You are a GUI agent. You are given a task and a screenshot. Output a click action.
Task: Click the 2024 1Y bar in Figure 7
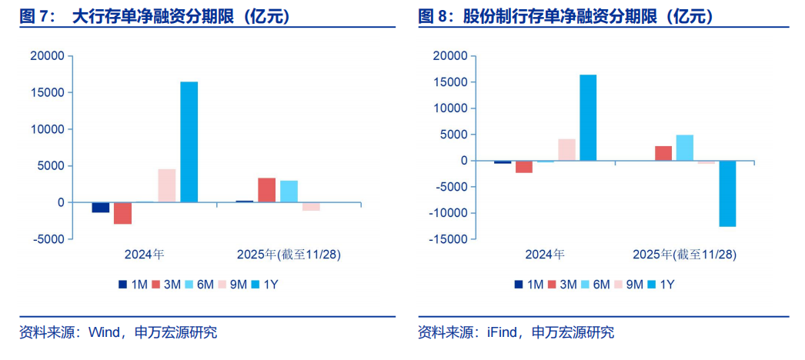coord(189,142)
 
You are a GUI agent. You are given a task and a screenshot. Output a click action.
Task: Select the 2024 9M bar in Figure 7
coord(167,185)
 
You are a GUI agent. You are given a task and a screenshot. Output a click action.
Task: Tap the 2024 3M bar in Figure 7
coord(122,213)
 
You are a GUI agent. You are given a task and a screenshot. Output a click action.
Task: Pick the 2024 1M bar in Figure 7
coord(100,208)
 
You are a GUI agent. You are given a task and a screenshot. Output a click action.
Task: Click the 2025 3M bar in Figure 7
coord(266,190)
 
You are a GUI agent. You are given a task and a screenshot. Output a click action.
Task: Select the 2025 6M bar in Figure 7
coord(289,192)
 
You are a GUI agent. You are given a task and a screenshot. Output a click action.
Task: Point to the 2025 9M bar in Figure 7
coord(311,206)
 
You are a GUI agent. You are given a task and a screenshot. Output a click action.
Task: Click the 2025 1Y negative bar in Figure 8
coord(727,193)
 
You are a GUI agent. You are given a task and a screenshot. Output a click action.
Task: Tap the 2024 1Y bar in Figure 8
coord(588,118)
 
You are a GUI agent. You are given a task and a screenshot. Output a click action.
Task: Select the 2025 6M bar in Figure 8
coord(684,148)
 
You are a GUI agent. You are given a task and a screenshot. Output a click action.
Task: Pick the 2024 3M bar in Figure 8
coord(524,166)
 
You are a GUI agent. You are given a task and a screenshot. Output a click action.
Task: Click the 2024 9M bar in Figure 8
coord(566,150)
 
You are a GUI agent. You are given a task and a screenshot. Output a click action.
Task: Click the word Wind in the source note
coord(104,332)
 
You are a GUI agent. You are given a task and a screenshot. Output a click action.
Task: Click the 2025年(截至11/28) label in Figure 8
coord(684,254)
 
